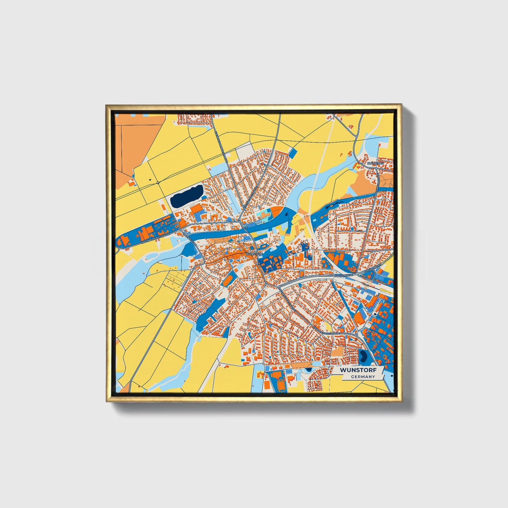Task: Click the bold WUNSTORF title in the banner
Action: pyautogui.click(x=358, y=370)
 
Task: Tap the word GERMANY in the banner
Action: pyautogui.click(x=363, y=377)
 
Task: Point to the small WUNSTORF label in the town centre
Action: pyautogui.click(x=255, y=253)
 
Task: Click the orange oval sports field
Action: pyautogui.click(x=228, y=280)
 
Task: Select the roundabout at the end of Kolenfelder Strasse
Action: pyautogui.click(x=356, y=335)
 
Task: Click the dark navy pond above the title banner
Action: pyautogui.click(x=362, y=357)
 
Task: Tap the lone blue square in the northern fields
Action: pyautogui.click(x=293, y=153)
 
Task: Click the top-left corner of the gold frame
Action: pyautogui.click(x=107, y=105)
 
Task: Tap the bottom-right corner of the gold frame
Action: pyautogui.click(x=401, y=401)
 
